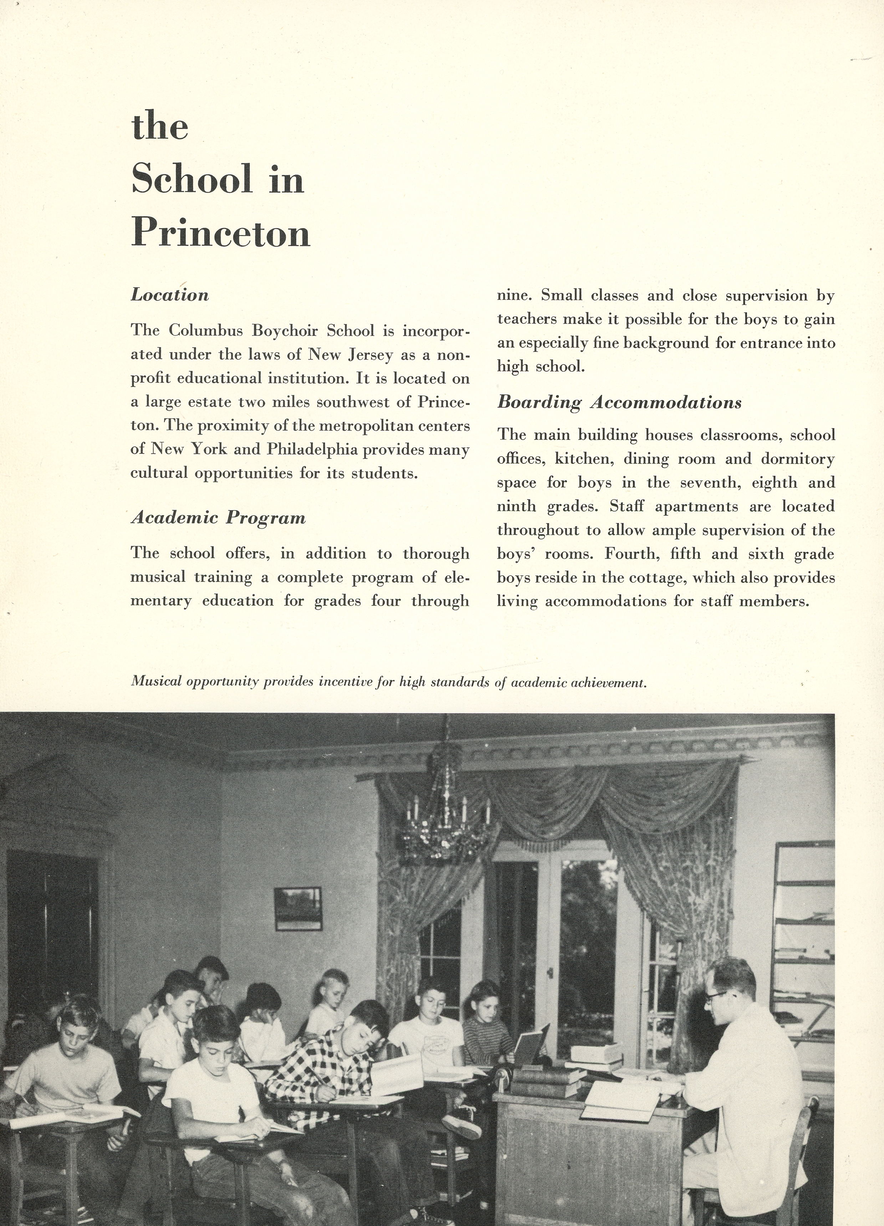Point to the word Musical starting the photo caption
[x=156, y=682]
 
